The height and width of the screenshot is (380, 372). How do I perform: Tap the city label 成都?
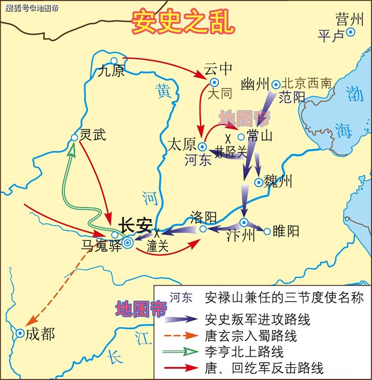(40, 334)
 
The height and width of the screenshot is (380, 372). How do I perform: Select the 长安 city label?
(135, 225)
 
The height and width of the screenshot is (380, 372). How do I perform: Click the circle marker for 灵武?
(74, 138)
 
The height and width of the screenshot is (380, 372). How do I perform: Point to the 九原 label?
(112, 71)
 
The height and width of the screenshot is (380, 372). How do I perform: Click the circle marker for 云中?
(214, 82)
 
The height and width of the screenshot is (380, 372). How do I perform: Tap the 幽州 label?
(256, 85)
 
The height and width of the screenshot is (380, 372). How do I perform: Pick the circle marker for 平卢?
(350, 32)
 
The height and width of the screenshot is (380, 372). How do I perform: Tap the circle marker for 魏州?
(259, 182)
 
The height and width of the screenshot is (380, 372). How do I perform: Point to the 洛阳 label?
(204, 216)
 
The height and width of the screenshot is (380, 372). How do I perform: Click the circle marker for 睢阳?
(267, 231)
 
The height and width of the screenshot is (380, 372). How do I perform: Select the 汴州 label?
(241, 236)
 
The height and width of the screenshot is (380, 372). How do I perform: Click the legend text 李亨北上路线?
(244, 351)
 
